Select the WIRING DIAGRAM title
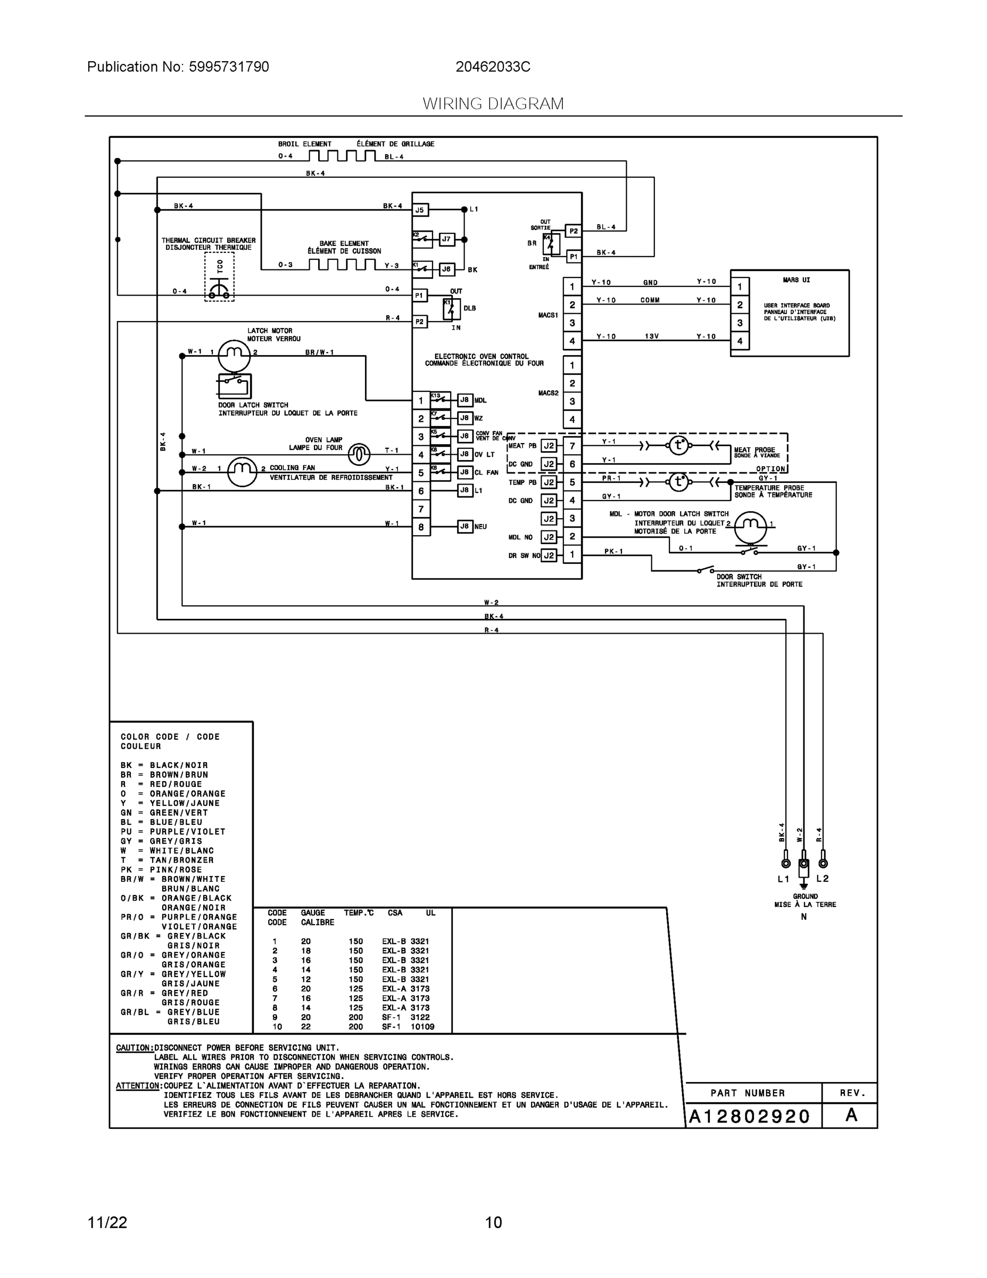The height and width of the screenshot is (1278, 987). pos(493,104)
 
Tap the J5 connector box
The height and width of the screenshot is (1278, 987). pos(420,209)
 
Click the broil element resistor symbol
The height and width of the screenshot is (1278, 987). pos(342,155)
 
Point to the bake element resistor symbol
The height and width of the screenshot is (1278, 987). pos(342,265)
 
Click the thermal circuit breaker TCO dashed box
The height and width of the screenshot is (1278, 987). pos(219,277)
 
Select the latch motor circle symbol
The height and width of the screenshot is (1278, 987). pos(234,353)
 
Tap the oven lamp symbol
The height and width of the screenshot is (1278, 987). pos(359,454)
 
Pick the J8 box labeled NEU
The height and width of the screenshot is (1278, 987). pos(465,527)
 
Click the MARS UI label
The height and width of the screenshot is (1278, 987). pos(796,280)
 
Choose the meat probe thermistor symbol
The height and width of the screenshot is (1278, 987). pos(678,445)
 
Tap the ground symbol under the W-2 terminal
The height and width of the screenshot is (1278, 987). pos(804,886)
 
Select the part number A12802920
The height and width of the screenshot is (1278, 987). pos(749,1117)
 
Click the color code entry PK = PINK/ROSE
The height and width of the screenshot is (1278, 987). pos(161,870)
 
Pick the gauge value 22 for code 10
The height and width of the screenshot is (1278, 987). pos(306,1026)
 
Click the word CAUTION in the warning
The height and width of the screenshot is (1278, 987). pos(135,1047)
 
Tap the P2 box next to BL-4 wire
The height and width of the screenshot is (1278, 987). pos(574,231)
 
